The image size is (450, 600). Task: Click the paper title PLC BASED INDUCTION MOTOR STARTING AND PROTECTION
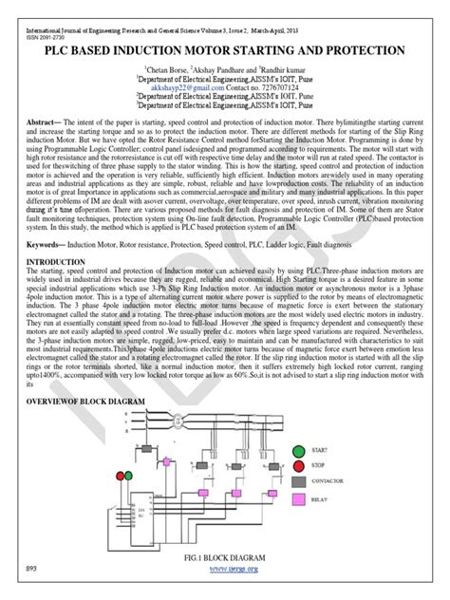(x=225, y=49)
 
